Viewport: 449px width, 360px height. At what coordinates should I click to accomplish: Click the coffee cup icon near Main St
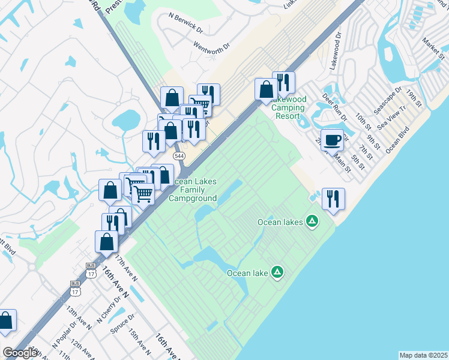coord(332,140)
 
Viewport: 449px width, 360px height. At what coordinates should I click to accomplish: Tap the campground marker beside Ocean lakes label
coord(312,222)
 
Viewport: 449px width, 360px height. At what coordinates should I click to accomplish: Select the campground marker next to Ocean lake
coord(277,273)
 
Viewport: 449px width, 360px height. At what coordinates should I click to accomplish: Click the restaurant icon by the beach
coord(333,199)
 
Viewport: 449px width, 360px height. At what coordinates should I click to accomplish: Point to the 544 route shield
coord(178,156)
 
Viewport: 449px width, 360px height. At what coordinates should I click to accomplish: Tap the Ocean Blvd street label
coord(397,139)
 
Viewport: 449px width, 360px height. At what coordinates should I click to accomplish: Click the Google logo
coord(20,353)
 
